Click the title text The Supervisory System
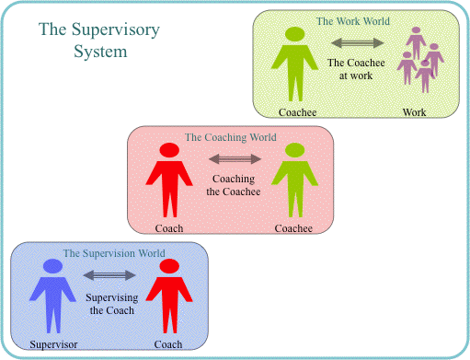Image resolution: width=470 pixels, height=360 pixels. [98, 40]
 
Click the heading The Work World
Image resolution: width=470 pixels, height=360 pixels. [353, 21]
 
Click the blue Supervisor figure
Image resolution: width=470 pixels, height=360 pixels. [52, 295]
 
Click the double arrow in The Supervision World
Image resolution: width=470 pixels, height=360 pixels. [109, 274]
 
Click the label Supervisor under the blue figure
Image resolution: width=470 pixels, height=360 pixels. [52, 345]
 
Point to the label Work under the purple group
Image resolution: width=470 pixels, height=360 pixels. [414, 112]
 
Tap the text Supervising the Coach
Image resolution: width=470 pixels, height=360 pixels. [110, 303]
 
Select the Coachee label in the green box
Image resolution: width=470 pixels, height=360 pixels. [297, 112]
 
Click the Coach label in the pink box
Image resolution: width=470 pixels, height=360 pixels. [169, 228]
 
